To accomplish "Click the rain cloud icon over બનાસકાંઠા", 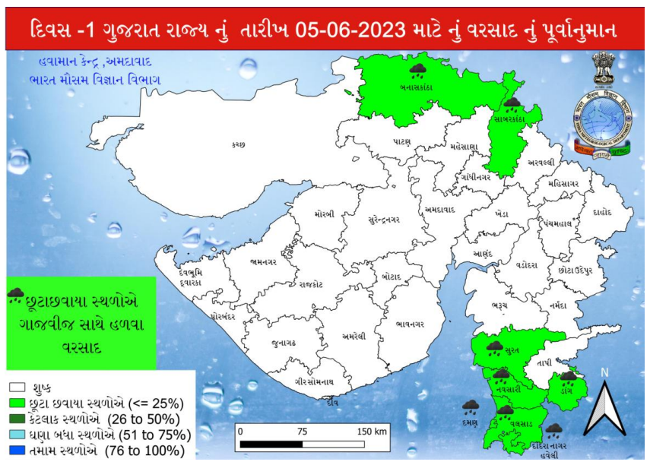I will pyautogui.click(x=417, y=71).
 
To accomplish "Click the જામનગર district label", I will pyautogui.click(x=262, y=264).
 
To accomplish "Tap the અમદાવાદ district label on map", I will pyautogui.click(x=439, y=209).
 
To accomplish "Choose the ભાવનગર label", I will pyautogui.click(x=411, y=324).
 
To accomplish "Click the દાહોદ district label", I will pyautogui.click(x=601, y=213).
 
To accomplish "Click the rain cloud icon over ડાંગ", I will pyautogui.click(x=568, y=378).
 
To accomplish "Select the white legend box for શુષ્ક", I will pyautogui.click(x=17, y=387).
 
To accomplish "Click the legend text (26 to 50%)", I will pyautogui.click(x=145, y=419).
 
